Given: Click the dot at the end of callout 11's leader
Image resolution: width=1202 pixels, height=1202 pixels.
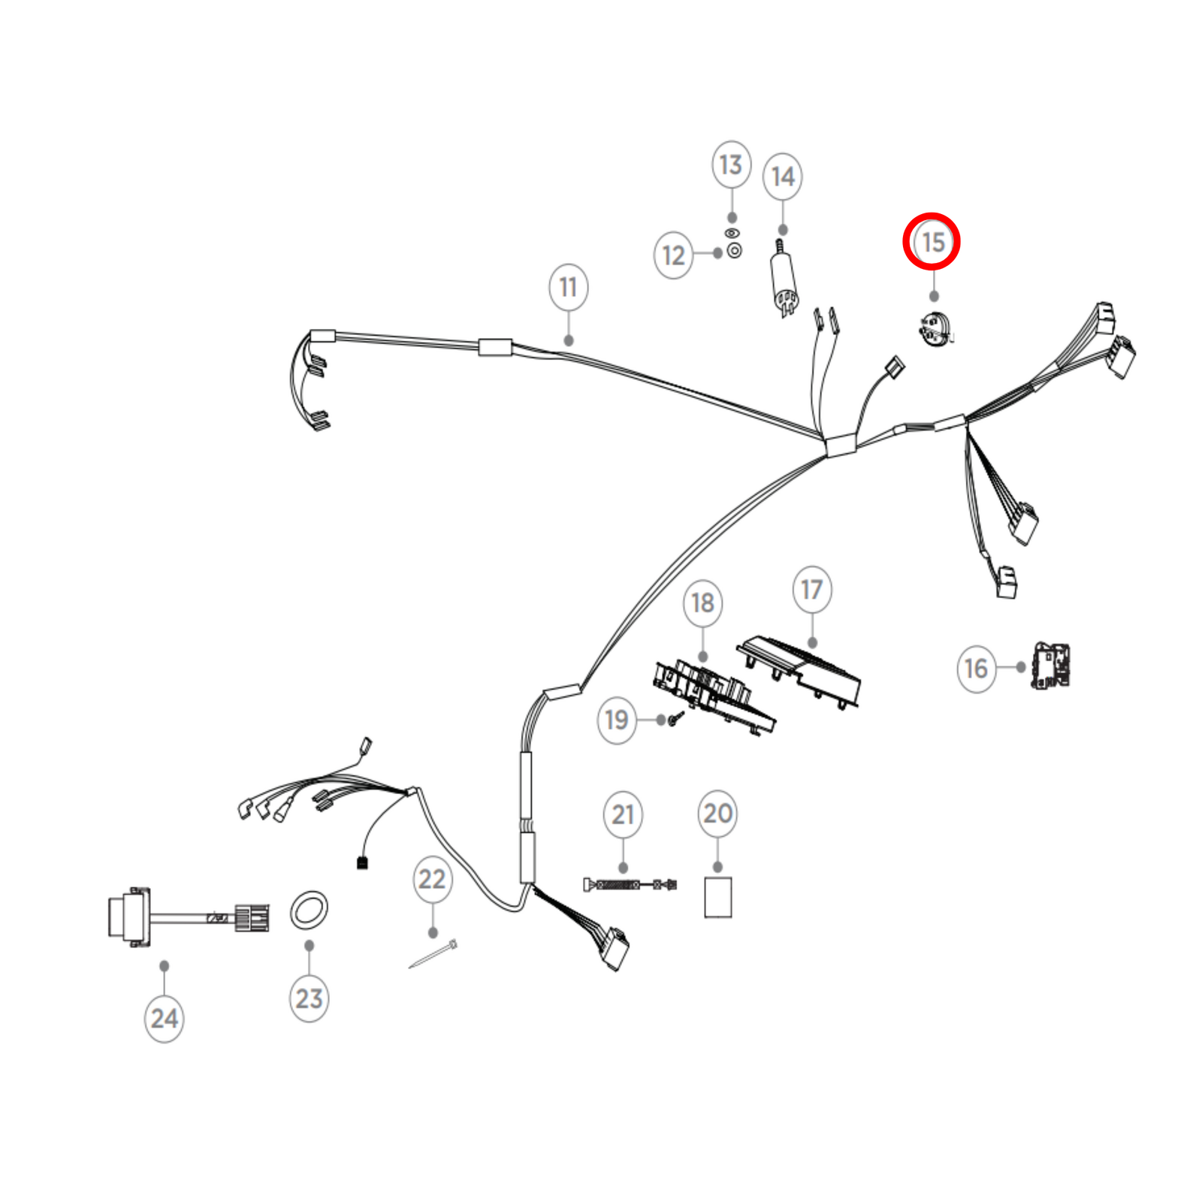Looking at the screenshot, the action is pos(569,340).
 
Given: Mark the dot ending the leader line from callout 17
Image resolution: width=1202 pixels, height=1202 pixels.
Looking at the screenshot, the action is pos(812,642).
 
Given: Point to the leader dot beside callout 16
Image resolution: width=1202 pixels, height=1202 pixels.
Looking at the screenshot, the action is pos(1020,666).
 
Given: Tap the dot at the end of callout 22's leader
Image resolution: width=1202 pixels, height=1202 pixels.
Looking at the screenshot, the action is pos(433,932).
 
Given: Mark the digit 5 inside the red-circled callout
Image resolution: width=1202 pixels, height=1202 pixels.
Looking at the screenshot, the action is pos(938,242).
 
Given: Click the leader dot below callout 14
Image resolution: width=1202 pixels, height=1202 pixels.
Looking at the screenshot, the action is pos(783,230).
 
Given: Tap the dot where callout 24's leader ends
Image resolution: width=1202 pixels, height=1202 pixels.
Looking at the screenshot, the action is pos(164,965).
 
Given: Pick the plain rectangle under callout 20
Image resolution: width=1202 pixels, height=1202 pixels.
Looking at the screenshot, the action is pos(718,897).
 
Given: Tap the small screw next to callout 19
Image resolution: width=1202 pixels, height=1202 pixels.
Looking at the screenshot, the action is pos(675,719).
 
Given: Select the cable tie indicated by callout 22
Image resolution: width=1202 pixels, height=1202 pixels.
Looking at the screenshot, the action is pos(433,954).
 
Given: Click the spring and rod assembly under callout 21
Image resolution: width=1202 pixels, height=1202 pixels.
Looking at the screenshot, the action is pos(630,884).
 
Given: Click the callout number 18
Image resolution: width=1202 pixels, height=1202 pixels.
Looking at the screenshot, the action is pos(703,603).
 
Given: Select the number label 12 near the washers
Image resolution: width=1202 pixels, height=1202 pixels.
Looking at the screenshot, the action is pos(673,255).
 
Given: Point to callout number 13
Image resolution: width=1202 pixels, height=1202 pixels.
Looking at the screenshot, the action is pos(731,165).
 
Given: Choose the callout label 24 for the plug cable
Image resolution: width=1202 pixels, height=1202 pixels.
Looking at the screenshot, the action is pos(165,1019).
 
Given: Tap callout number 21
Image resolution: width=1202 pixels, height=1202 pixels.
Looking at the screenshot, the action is pos(623,814).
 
